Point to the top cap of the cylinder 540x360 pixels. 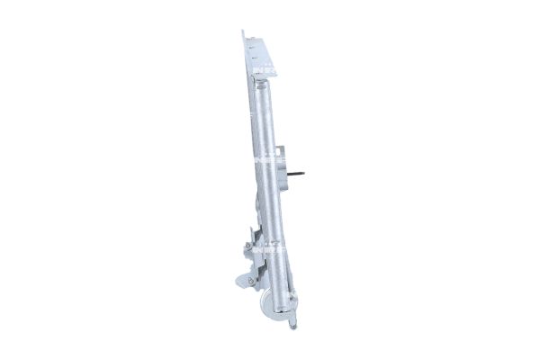click(264, 84)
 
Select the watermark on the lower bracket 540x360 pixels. click(260, 242)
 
